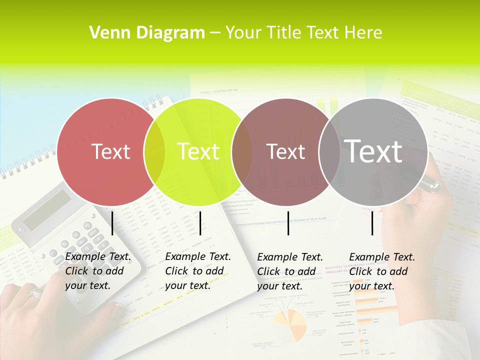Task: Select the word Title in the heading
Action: tap(283, 33)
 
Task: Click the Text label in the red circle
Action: tap(110, 151)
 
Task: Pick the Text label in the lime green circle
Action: tap(198, 151)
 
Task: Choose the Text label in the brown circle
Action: tap(285, 151)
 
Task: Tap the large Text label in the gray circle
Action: tap(373, 151)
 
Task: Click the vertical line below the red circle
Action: tap(112, 223)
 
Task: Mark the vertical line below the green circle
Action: tap(200, 223)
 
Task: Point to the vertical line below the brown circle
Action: tap(288, 223)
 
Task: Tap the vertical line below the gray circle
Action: tap(372, 223)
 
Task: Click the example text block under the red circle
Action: tap(97, 271)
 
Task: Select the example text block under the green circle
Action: tap(197, 271)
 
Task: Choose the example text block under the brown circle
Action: tap(289, 271)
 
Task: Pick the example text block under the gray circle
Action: tap(381, 271)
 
